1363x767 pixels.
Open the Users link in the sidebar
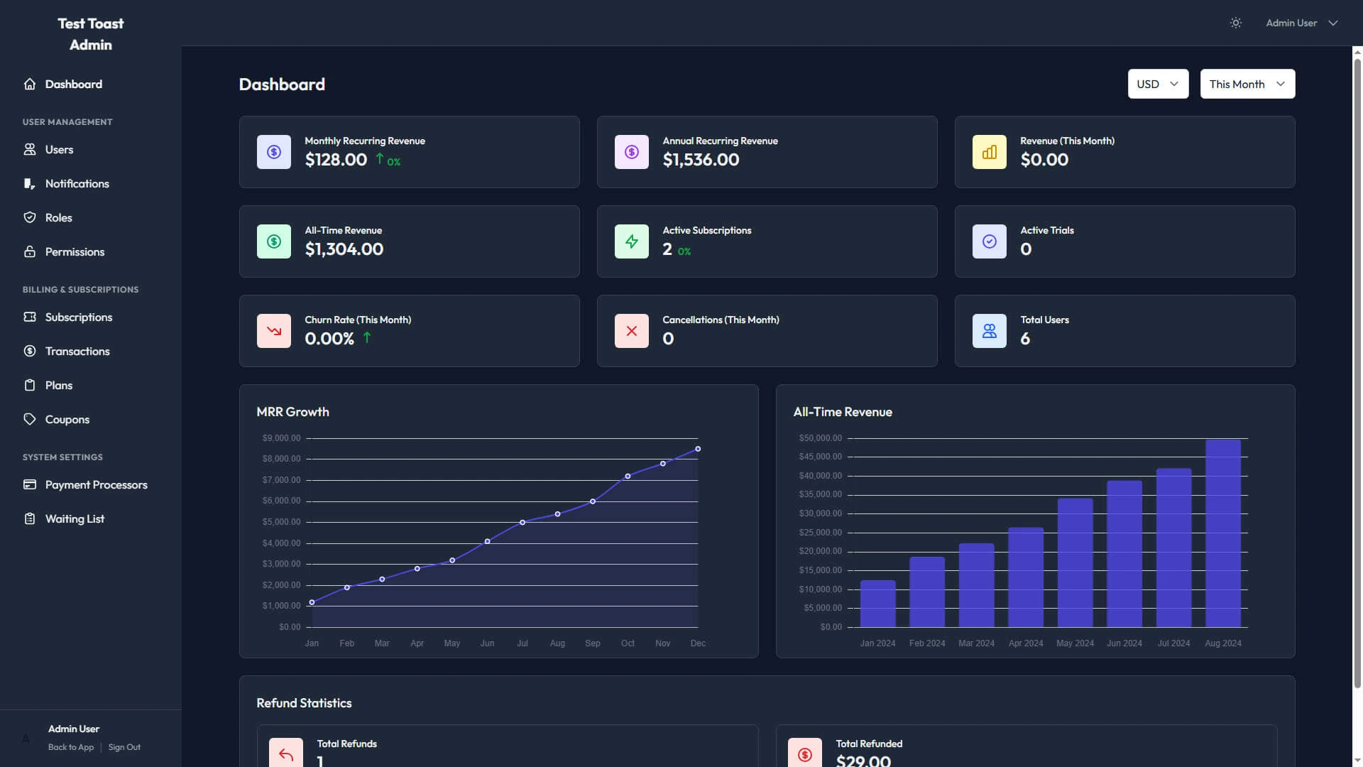(x=59, y=150)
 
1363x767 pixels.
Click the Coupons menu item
(x=67, y=420)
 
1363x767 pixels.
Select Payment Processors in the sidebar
(x=96, y=485)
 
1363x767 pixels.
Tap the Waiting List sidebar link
(x=75, y=519)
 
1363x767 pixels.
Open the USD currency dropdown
(x=1157, y=84)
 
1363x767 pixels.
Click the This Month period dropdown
(x=1247, y=84)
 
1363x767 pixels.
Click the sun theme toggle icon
(x=1235, y=23)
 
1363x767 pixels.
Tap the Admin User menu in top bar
(x=1301, y=23)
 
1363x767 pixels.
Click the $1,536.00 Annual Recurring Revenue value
(x=701, y=160)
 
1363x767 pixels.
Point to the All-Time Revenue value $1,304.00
(x=344, y=249)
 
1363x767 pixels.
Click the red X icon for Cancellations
(x=631, y=331)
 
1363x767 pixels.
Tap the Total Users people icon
(x=989, y=331)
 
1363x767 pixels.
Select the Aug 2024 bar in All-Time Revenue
(x=1222, y=533)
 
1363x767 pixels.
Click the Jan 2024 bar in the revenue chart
(x=877, y=604)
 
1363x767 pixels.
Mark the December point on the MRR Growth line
(x=698, y=449)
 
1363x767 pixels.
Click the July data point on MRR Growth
(x=522, y=523)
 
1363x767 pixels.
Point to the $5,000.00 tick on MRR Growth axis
(x=281, y=522)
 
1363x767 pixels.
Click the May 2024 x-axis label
(x=1074, y=643)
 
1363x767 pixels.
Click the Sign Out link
(x=124, y=747)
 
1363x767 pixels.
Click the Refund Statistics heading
(x=304, y=703)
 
